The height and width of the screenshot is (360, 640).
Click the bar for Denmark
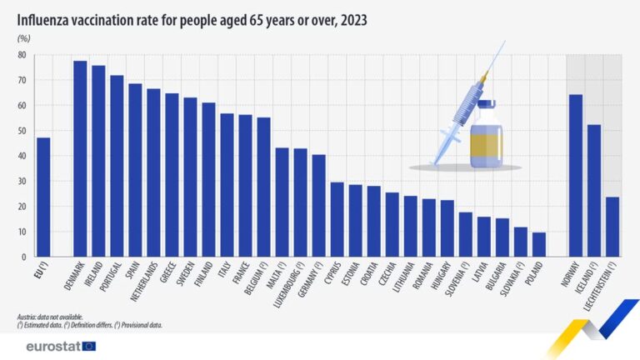pyautogui.click(x=80, y=158)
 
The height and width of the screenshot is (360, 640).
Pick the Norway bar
pyautogui.click(x=575, y=175)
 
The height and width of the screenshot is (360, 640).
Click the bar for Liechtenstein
pyautogui.click(x=612, y=226)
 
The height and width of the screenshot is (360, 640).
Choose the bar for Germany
pyautogui.click(x=318, y=205)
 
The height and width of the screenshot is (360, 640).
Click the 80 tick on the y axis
pyautogui.click(x=22, y=55)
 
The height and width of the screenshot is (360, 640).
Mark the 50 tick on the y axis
pyautogui.click(x=22, y=131)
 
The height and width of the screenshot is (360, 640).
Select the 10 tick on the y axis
pyautogui.click(x=22, y=232)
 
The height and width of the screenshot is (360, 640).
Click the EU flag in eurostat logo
pyautogui.click(x=89, y=346)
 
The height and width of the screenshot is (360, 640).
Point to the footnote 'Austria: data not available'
pyautogui.click(x=50, y=317)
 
